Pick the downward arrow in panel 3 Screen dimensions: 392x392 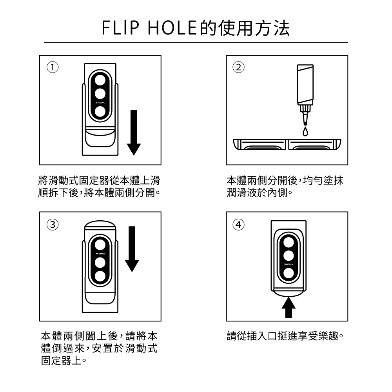pyautogui.click(x=132, y=249)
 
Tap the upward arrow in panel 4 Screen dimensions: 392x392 pyautogui.click(x=288, y=308)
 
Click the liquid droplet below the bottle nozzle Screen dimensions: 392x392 pyautogui.click(x=305, y=130)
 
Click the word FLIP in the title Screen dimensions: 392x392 pyautogui.click(x=118, y=28)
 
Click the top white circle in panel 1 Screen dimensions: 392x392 pyautogui.click(x=100, y=80)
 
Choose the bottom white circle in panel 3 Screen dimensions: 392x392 pyautogui.click(x=100, y=276)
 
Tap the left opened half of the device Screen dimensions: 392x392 pyautogui.click(x=260, y=145)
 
